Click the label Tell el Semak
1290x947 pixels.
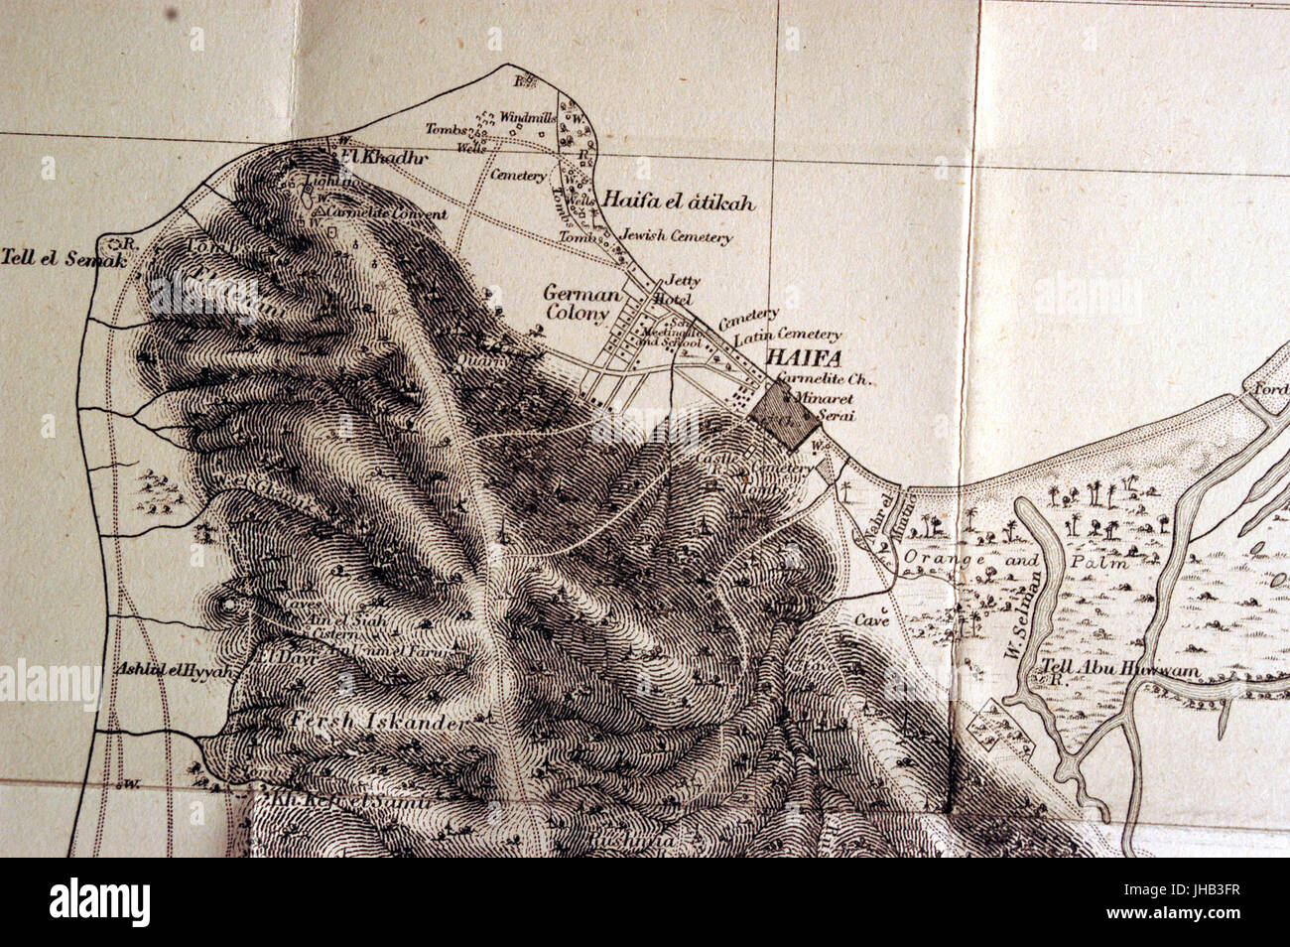click(64, 259)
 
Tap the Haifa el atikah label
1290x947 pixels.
click(679, 203)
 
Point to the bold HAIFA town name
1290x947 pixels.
click(802, 358)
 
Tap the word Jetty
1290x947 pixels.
click(677, 280)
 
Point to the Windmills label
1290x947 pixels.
click(525, 117)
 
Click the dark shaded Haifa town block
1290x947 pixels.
click(784, 414)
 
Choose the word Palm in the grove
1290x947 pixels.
click(1101, 562)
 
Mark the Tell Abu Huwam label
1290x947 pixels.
click(1120, 670)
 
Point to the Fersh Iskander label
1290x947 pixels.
click(378, 723)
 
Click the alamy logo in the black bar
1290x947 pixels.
click(100, 901)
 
